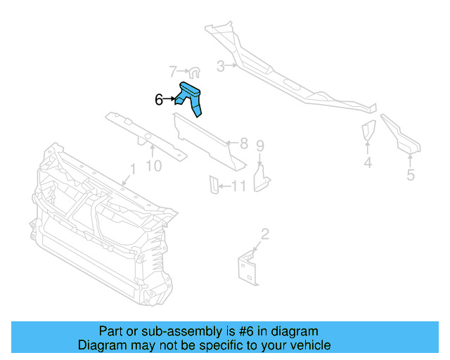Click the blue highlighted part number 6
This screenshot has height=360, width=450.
(191, 96)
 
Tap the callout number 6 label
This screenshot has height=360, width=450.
(159, 101)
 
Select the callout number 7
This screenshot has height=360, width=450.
(173, 71)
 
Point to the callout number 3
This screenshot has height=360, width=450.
(220, 67)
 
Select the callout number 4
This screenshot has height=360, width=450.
(367, 164)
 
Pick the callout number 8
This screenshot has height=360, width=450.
(243, 143)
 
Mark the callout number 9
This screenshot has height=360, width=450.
(259, 146)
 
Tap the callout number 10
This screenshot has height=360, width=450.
(153, 166)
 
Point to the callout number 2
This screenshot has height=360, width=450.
(264, 234)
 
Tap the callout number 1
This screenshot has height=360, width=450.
(131, 169)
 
